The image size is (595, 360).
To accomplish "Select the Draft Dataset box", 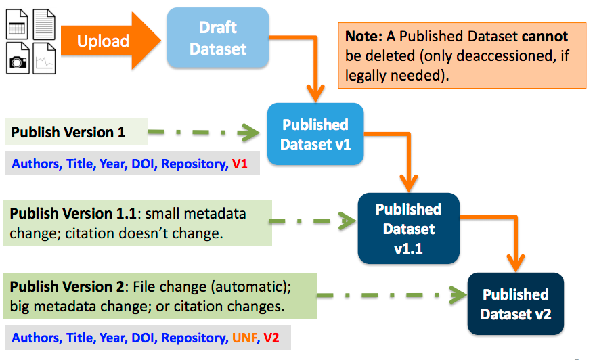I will point(217,39).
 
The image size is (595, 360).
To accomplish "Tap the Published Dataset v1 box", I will point(315,134).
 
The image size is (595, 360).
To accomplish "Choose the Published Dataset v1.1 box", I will point(408,228).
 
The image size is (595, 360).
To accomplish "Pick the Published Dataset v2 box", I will point(515,304).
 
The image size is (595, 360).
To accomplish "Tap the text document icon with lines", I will point(45,23).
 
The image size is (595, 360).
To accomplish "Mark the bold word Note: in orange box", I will point(363,36).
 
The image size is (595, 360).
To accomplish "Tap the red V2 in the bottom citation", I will point(272,338).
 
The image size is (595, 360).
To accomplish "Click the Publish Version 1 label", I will point(68,132).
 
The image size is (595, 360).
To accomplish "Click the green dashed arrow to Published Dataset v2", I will point(393,295).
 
